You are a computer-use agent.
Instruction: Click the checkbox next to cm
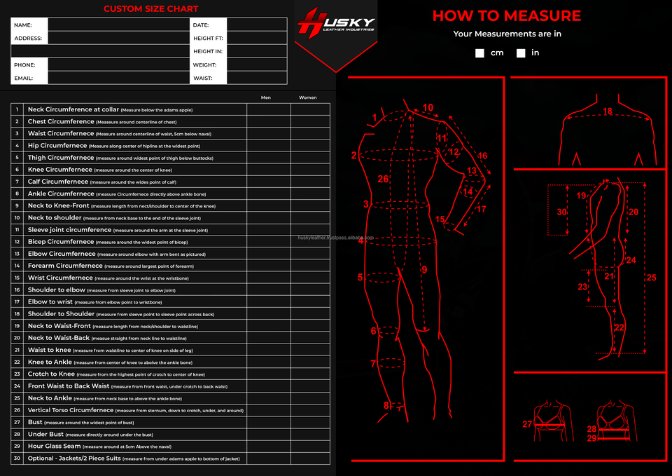pyautogui.click(x=479, y=53)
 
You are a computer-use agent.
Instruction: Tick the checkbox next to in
pyautogui.click(x=521, y=53)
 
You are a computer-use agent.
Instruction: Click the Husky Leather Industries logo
pyautogui.click(x=336, y=25)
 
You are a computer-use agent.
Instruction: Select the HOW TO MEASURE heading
pyautogui.click(x=507, y=16)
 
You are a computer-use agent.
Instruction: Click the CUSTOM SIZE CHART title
pyautogui.click(x=150, y=9)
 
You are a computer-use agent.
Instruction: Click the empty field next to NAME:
pyautogui.click(x=118, y=25)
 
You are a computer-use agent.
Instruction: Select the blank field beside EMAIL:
pyautogui.click(x=118, y=79)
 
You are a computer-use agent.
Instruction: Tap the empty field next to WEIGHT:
pyautogui.click(x=257, y=65)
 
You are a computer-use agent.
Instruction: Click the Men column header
pyautogui.click(x=266, y=97)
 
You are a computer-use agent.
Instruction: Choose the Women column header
pyautogui.click(x=308, y=97)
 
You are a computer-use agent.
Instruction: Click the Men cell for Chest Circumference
pyautogui.click(x=268, y=121)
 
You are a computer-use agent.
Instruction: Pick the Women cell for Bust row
pyautogui.click(x=310, y=423)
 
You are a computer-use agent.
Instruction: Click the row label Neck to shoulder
pyautogui.click(x=55, y=218)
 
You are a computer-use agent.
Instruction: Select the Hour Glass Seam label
pyautogui.click(x=54, y=447)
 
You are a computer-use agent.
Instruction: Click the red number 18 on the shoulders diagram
pyautogui.click(x=608, y=111)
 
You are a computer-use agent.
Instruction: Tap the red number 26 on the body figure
pyautogui.click(x=383, y=179)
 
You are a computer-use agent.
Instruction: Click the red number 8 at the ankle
pyautogui.click(x=386, y=405)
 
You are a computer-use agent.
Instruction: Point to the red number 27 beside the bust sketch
pyautogui.click(x=527, y=424)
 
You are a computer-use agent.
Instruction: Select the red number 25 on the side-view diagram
pyautogui.click(x=651, y=278)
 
